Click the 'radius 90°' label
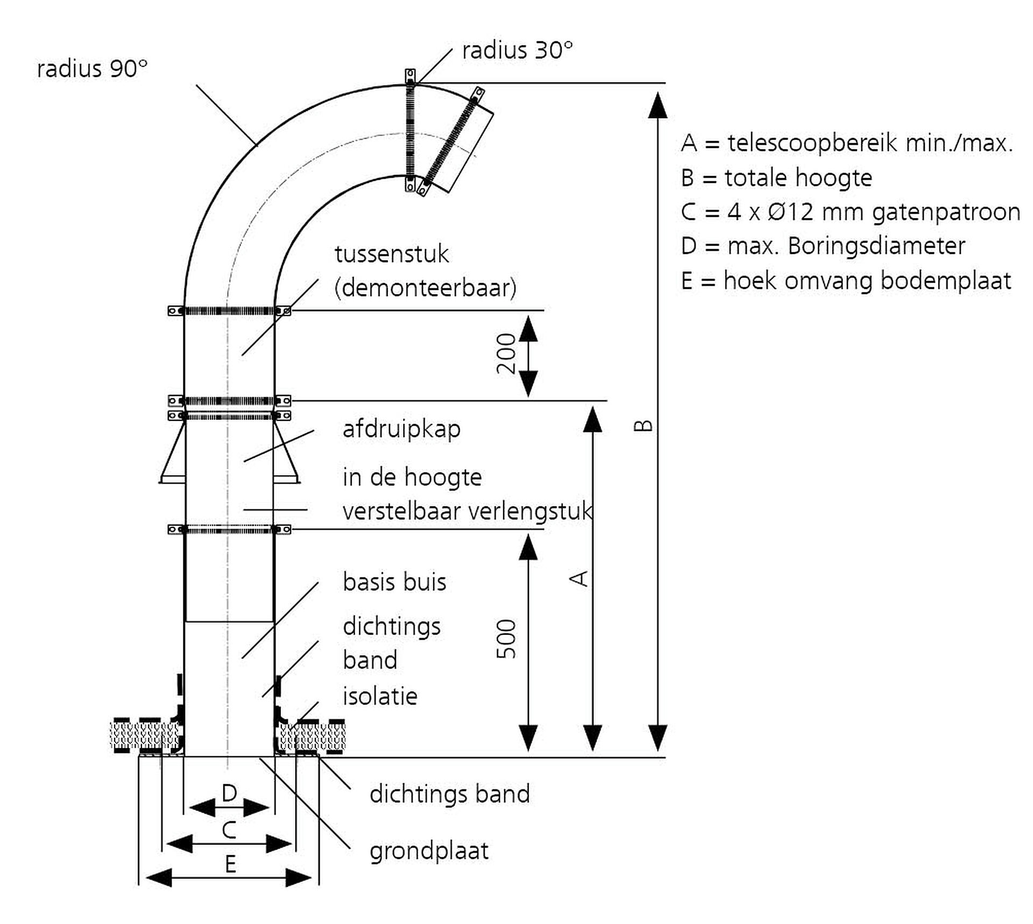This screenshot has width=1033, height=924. (92, 69)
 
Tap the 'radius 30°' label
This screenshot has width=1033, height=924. (517, 51)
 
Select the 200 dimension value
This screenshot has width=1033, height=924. (506, 354)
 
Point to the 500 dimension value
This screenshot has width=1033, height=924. (506, 639)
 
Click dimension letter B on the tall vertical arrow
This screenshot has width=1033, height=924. (643, 426)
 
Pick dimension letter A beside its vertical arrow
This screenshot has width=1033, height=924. (579, 579)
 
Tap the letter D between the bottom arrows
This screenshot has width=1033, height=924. (229, 793)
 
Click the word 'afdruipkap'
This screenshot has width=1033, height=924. (401, 429)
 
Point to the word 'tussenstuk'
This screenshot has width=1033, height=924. (392, 254)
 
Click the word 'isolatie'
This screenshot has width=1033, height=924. (380, 696)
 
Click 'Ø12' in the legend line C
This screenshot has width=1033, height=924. (791, 211)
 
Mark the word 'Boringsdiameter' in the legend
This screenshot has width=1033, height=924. (876, 246)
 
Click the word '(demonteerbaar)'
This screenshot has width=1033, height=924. (425, 288)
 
